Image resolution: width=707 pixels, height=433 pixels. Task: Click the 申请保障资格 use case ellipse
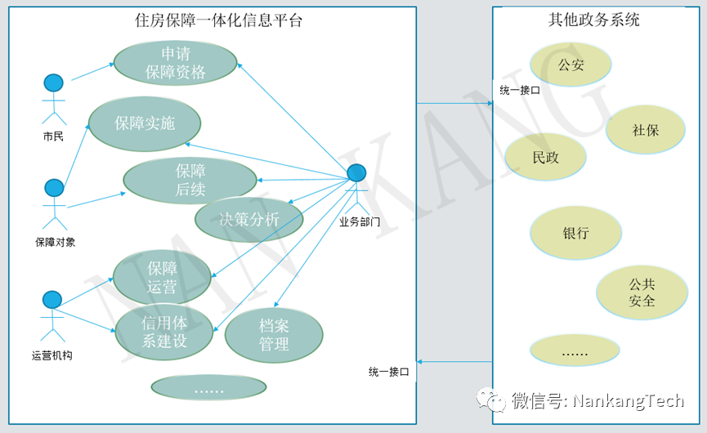tap(175, 63)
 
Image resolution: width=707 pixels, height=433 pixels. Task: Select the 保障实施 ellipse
tap(145, 123)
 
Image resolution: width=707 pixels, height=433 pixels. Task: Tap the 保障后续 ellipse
tap(190, 181)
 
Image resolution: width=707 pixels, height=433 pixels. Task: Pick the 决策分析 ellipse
tap(249, 219)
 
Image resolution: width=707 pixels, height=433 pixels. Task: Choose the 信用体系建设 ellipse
tap(164, 332)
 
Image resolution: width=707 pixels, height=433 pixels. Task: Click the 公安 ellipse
tap(571, 65)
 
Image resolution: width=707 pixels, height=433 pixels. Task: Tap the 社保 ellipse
tap(645, 130)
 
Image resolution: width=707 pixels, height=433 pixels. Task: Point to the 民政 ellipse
tap(545, 157)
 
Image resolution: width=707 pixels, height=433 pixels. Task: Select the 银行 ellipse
tap(575, 233)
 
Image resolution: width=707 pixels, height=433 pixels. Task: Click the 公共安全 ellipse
tap(642, 292)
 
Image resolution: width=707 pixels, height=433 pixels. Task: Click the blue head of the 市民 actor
tap(53, 83)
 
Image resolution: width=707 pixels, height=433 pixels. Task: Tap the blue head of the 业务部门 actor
tap(356, 173)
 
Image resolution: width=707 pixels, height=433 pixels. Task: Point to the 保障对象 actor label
tap(55, 242)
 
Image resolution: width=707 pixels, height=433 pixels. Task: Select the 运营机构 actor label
tap(51, 355)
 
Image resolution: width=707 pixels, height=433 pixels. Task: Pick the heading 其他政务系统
tap(593, 20)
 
